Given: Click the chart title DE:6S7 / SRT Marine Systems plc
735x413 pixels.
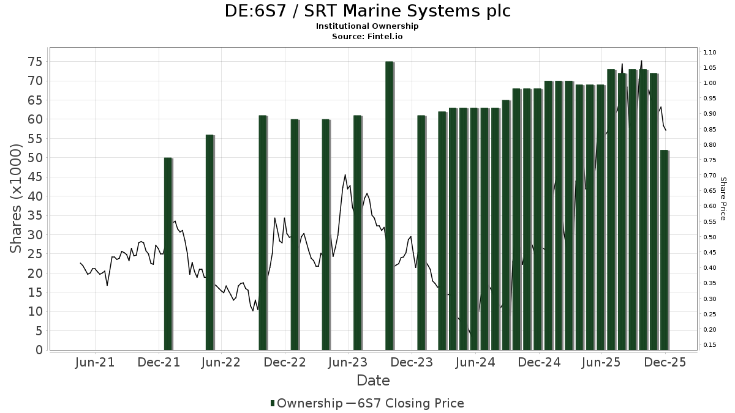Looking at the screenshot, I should click(x=367, y=11).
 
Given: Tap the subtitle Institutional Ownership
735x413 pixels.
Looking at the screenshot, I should click(x=367, y=26).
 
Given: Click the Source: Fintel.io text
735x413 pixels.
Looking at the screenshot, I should click(x=367, y=37).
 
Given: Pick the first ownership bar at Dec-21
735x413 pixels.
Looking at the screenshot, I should click(x=168, y=253).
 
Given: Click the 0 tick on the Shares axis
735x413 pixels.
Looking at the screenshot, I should click(x=39, y=350).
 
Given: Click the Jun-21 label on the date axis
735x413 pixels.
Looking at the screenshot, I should click(x=94, y=362).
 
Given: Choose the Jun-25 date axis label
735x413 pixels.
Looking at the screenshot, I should click(x=601, y=362).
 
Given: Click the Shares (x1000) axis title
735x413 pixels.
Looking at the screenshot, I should click(x=16, y=198).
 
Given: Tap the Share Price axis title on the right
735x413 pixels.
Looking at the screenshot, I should click(x=723, y=199).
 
